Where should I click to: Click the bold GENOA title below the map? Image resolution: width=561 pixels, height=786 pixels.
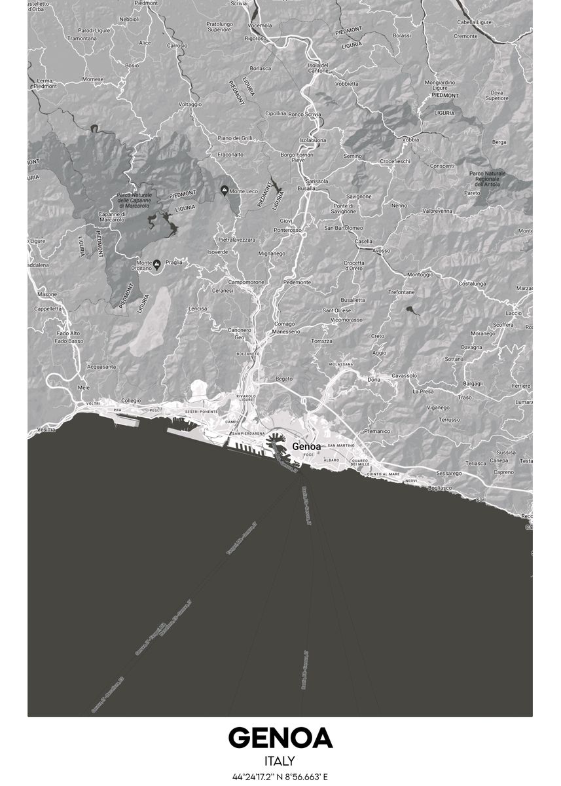[280, 738]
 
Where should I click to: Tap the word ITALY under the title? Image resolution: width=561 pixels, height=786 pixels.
[280, 761]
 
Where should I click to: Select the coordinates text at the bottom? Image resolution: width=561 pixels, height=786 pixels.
[280, 777]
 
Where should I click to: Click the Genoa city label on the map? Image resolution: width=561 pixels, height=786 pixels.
[308, 446]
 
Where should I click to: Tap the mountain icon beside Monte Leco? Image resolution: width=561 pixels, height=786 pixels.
[225, 191]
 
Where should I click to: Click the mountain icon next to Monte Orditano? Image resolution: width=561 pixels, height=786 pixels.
[156, 263]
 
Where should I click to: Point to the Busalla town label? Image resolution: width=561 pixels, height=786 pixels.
[306, 188]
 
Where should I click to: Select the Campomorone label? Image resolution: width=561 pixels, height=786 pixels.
[240, 282]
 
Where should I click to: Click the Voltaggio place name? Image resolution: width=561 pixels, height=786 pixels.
[190, 104]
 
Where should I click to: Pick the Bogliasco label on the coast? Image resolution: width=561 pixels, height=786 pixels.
[440, 487]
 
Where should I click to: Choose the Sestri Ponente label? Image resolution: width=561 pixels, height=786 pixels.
[202, 411]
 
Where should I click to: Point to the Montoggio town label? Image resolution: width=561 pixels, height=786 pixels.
[420, 274]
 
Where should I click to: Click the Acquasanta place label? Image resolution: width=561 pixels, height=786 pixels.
[101, 367]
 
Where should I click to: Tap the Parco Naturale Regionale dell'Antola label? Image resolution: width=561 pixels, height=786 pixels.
[488, 179]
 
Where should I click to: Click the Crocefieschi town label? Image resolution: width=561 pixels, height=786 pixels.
[395, 160]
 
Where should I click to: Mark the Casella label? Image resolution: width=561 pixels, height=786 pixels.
[363, 241]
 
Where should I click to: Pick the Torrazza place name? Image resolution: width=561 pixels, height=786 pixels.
[322, 341]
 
